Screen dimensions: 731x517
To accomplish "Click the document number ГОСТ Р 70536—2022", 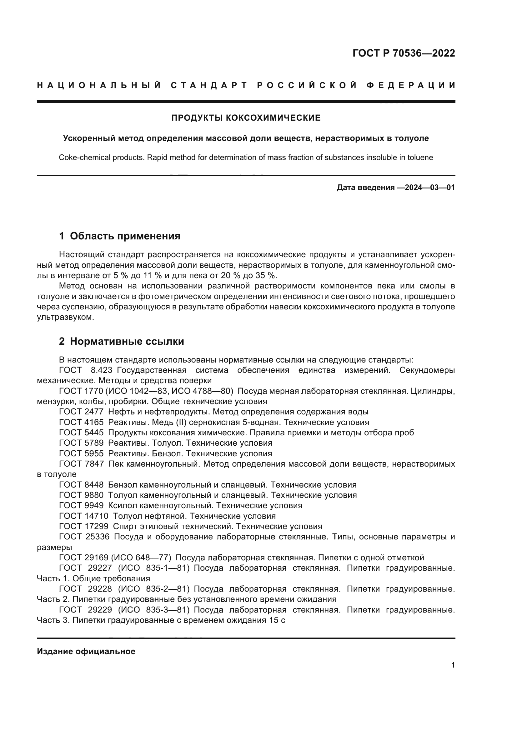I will (x=404, y=53).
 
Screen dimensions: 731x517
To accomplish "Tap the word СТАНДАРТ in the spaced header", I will (x=209, y=85).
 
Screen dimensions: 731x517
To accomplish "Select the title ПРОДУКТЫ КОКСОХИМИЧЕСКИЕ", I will (x=246, y=118).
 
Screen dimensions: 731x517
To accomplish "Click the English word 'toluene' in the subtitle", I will (x=420, y=157).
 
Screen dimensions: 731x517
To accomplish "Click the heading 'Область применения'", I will (x=125, y=236).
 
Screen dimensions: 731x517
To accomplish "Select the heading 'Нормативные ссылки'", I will (x=127, y=341).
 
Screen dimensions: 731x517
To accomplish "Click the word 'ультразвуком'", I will (x=65, y=318).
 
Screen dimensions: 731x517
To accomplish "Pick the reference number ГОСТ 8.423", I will (x=86, y=370).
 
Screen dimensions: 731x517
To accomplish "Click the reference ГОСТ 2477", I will (x=81, y=412).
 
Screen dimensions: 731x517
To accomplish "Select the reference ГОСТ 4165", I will (x=81, y=422).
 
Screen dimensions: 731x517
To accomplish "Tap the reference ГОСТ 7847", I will (x=81, y=464).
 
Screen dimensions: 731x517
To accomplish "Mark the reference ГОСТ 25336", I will (x=84, y=537).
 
